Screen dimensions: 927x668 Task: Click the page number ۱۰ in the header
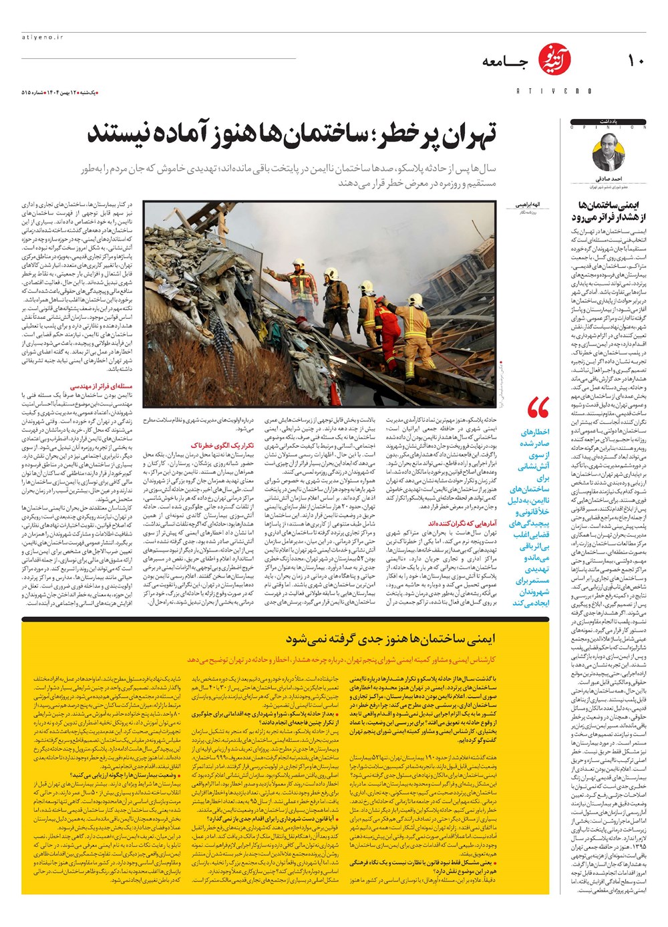coord(635,61)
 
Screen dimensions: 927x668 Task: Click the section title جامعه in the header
coord(504,62)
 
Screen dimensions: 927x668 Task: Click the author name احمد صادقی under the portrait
coord(609,179)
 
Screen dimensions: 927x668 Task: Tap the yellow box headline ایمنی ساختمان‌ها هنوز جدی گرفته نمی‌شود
coord(391,639)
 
